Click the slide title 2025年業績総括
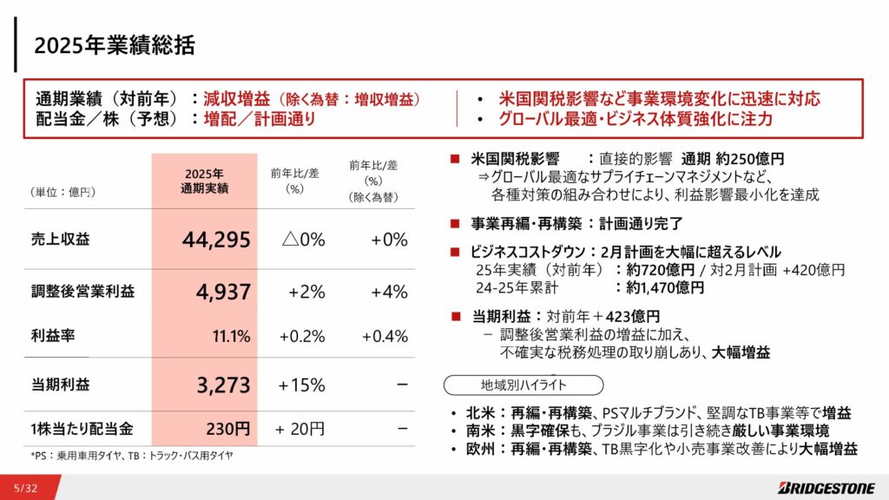tap(115, 44)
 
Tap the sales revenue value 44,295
tap(216, 240)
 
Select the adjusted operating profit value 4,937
tap(222, 292)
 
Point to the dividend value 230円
tap(229, 428)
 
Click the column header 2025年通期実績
tap(204, 181)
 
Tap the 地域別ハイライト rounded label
tap(523, 385)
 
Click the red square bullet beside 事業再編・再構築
tap(454, 223)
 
